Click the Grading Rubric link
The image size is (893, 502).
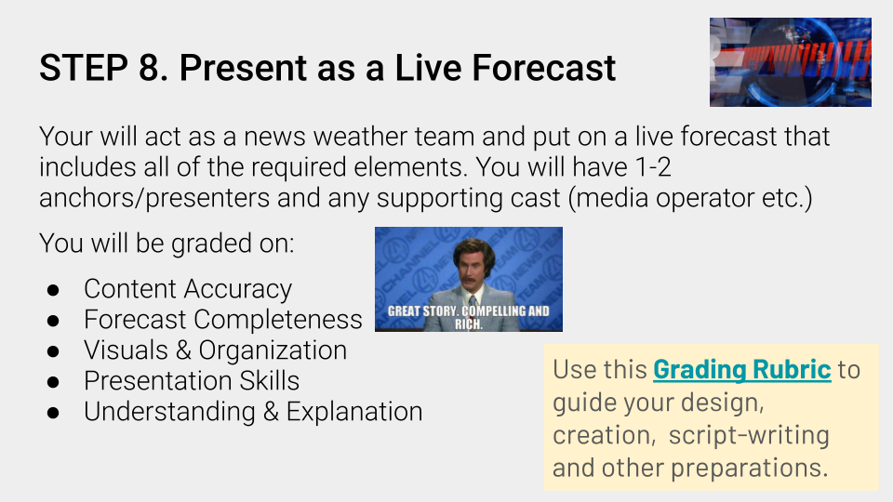pyautogui.click(x=741, y=370)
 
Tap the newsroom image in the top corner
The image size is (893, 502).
pyautogui.click(x=790, y=61)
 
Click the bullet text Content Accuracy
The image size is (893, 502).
pyautogui.click(x=187, y=289)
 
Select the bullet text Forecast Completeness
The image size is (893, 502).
pyautogui.click(x=222, y=320)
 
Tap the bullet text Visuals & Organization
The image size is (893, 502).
pyautogui.click(x=215, y=350)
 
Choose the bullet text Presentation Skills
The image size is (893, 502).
pyautogui.click(x=192, y=381)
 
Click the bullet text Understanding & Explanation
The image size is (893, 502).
pyautogui.click(x=252, y=412)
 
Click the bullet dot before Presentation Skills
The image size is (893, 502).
pyautogui.click(x=53, y=382)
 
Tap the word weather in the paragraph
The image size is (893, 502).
pyautogui.click(x=357, y=138)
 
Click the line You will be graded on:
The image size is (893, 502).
pyautogui.click(x=167, y=244)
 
